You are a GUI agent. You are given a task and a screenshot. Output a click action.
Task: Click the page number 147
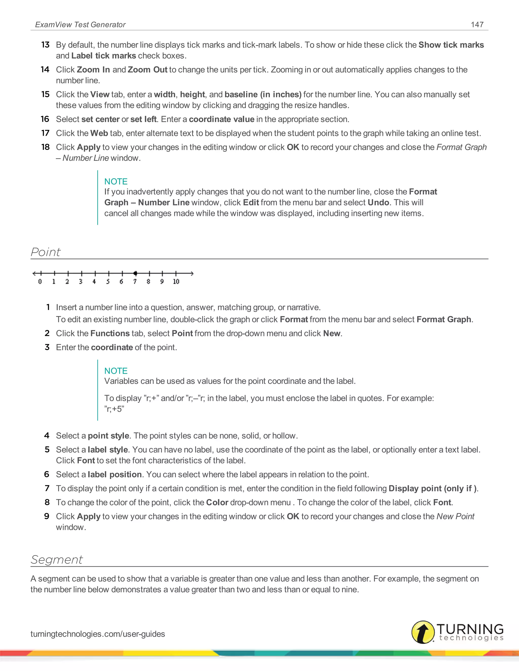pos(477,25)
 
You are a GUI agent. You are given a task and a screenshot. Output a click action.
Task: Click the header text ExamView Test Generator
pos(80,25)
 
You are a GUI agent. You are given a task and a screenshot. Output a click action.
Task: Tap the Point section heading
pos(46,252)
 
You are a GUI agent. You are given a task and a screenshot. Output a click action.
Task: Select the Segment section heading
pos(57,560)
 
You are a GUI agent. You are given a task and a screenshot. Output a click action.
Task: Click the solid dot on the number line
pos(135,273)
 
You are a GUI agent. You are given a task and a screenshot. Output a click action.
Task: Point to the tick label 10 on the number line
pos(176,281)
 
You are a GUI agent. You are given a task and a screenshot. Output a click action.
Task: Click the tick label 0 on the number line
pos(40,281)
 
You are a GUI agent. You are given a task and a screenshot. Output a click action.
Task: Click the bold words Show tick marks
pos(451,45)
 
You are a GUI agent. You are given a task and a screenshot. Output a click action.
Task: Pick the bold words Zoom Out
pos(147,70)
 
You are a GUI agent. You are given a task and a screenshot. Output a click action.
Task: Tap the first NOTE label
pos(116,182)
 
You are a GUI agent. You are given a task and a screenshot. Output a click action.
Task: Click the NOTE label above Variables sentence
pos(116,371)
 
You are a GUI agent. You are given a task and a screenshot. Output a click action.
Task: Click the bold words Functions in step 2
pos(110,333)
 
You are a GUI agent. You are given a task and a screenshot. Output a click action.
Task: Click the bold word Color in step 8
pos(217,502)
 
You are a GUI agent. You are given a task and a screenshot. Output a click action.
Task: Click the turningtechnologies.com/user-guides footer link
pos(98,634)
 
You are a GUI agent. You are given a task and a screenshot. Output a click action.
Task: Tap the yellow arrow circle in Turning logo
pos(423,632)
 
